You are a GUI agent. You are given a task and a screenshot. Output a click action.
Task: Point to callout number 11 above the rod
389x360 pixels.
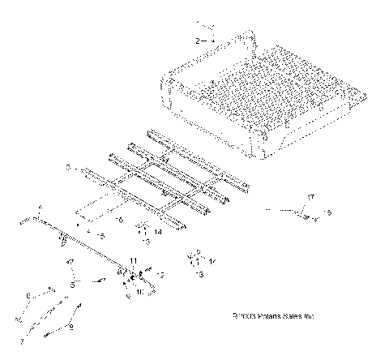tap(133, 259)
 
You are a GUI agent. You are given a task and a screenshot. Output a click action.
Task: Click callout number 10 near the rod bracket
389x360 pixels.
tap(139, 289)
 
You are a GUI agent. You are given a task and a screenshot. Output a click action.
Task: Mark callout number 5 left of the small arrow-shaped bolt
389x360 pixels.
tap(72, 284)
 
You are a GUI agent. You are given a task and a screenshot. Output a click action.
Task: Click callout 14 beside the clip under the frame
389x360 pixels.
tap(158, 233)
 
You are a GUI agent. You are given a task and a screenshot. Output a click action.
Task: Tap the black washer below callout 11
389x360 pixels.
tap(132, 276)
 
